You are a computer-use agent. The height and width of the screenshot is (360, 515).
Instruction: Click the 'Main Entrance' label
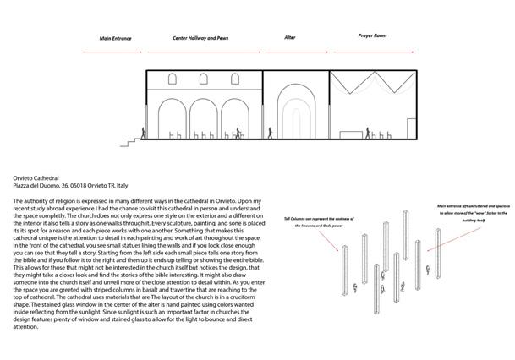tap(116, 39)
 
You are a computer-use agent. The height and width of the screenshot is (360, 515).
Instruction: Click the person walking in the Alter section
tap(271, 133)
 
